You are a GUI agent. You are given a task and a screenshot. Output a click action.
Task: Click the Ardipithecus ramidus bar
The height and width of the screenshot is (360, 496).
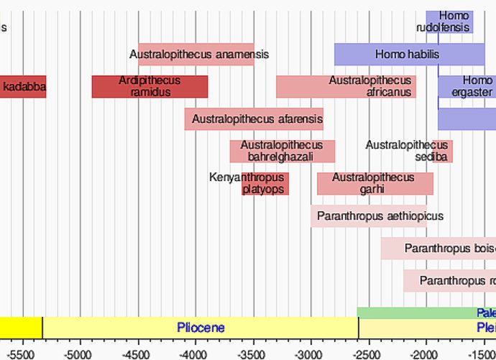(x=150, y=86)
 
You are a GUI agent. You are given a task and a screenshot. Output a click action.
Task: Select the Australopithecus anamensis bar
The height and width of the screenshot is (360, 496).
(x=196, y=54)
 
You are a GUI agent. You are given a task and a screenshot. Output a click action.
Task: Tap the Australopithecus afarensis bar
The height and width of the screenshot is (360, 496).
(x=254, y=119)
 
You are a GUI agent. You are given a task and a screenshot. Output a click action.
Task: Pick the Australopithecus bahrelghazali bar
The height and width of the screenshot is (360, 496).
(x=283, y=151)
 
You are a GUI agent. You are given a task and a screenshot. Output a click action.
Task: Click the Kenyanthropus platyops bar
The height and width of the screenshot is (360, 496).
(x=265, y=183)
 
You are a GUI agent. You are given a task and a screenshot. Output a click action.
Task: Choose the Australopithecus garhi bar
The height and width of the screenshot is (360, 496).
(x=375, y=183)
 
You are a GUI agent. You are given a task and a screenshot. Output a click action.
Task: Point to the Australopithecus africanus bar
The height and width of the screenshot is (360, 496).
(x=346, y=86)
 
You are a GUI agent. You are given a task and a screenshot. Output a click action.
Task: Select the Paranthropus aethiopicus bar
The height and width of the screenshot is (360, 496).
(x=369, y=216)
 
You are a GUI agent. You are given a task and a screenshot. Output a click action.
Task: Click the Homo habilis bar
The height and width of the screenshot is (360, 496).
(x=409, y=54)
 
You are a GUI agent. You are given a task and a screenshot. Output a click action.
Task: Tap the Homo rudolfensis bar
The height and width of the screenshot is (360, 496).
(x=449, y=22)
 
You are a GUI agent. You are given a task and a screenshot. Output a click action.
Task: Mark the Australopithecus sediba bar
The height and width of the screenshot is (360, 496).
(x=442, y=151)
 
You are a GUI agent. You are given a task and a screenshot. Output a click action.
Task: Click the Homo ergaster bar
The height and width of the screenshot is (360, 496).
(x=467, y=86)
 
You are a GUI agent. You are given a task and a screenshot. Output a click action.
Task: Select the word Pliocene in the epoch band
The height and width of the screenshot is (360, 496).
(x=201, y=328)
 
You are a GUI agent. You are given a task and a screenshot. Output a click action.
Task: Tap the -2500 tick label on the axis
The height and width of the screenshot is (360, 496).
(x=368, y=354)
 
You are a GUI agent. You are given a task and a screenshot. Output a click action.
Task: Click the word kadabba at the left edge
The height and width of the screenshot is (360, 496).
(x=24, y=87)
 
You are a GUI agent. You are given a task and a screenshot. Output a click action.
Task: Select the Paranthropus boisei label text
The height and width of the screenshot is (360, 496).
(x=450, y=249)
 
